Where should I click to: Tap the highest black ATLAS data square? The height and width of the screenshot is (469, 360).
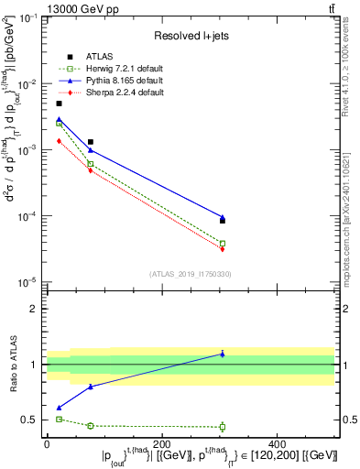60,104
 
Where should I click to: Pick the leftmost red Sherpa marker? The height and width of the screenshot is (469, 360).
60,141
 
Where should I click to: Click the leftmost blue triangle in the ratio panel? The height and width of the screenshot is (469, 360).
60,408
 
